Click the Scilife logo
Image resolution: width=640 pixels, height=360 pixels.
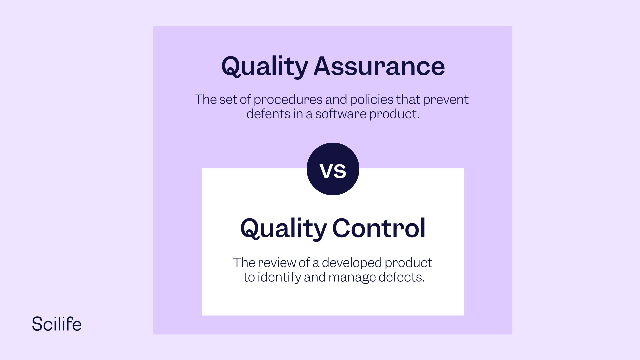pos(57,324)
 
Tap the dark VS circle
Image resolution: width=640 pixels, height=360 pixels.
pos(333,169)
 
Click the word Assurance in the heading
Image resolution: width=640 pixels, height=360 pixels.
pos(379,66)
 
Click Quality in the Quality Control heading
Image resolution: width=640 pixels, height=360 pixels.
pos(283,229)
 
